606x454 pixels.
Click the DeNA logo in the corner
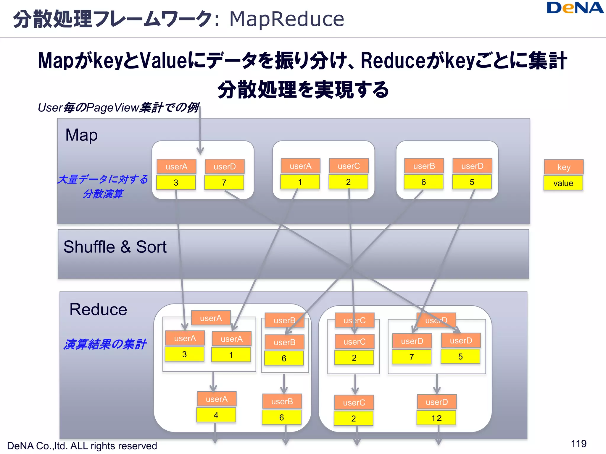tap(575, 8)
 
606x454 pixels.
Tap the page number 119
tap(578, 443)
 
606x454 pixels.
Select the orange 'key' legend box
tap(563, 167)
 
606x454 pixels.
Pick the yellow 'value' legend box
tap(563, 183)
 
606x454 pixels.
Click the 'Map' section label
tap(81, 135)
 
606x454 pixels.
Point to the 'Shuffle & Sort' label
tap(115, 247)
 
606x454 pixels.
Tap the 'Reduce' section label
tap(98, 309)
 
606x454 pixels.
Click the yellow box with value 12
tap(436, 418)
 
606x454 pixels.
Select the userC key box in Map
tap(349, 166)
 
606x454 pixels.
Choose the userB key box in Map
tap(424, 166)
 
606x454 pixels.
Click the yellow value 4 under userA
tap(216, 415)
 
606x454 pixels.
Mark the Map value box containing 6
tap(423, 182)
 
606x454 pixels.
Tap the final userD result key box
tap(436, 402)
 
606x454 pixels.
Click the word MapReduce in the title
tap(286, 19)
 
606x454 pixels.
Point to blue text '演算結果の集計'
tap(105, 344)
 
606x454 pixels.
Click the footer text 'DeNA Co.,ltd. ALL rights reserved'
tap(82, 446)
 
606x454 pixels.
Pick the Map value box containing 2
tap(348, 182)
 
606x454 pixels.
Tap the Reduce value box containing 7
tap(411, 357)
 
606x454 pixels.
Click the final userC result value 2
tap(353, 418)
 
